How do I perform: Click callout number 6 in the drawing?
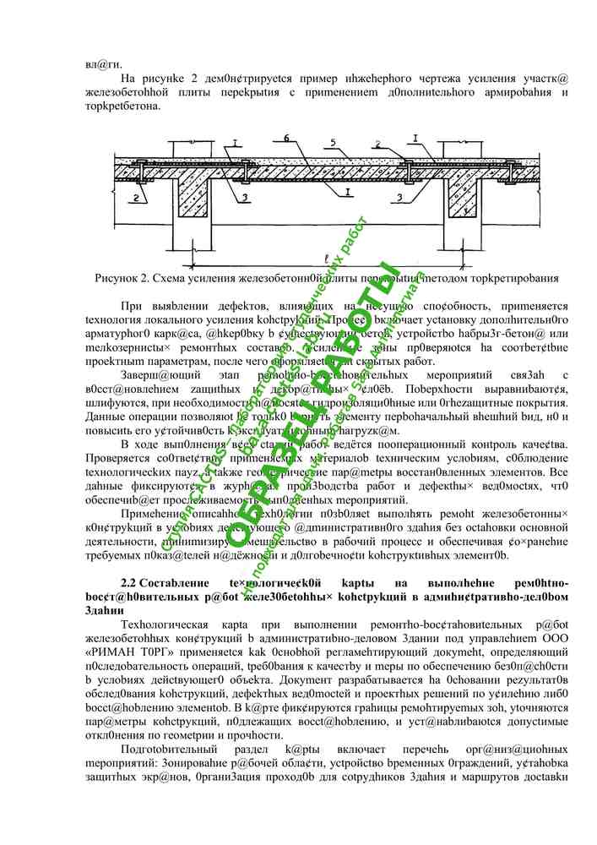tap(286, 138)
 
